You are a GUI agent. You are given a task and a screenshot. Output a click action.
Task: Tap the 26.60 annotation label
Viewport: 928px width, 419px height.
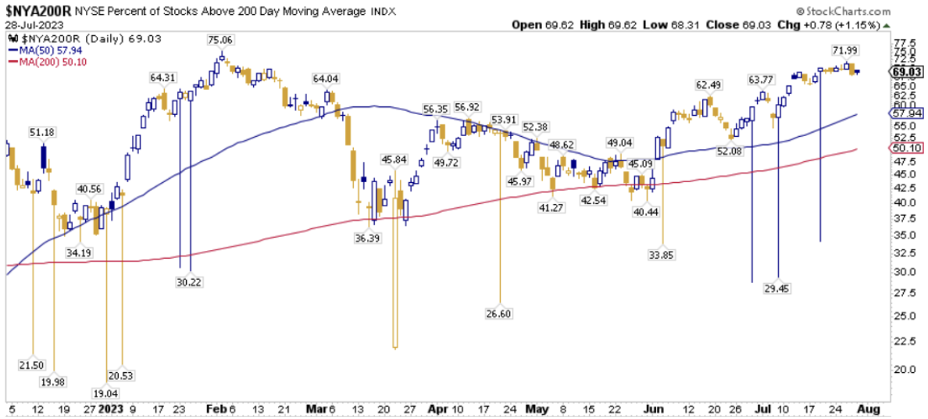[x=499, y=313]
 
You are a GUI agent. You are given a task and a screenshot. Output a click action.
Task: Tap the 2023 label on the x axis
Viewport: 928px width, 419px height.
[x=112, y=409]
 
